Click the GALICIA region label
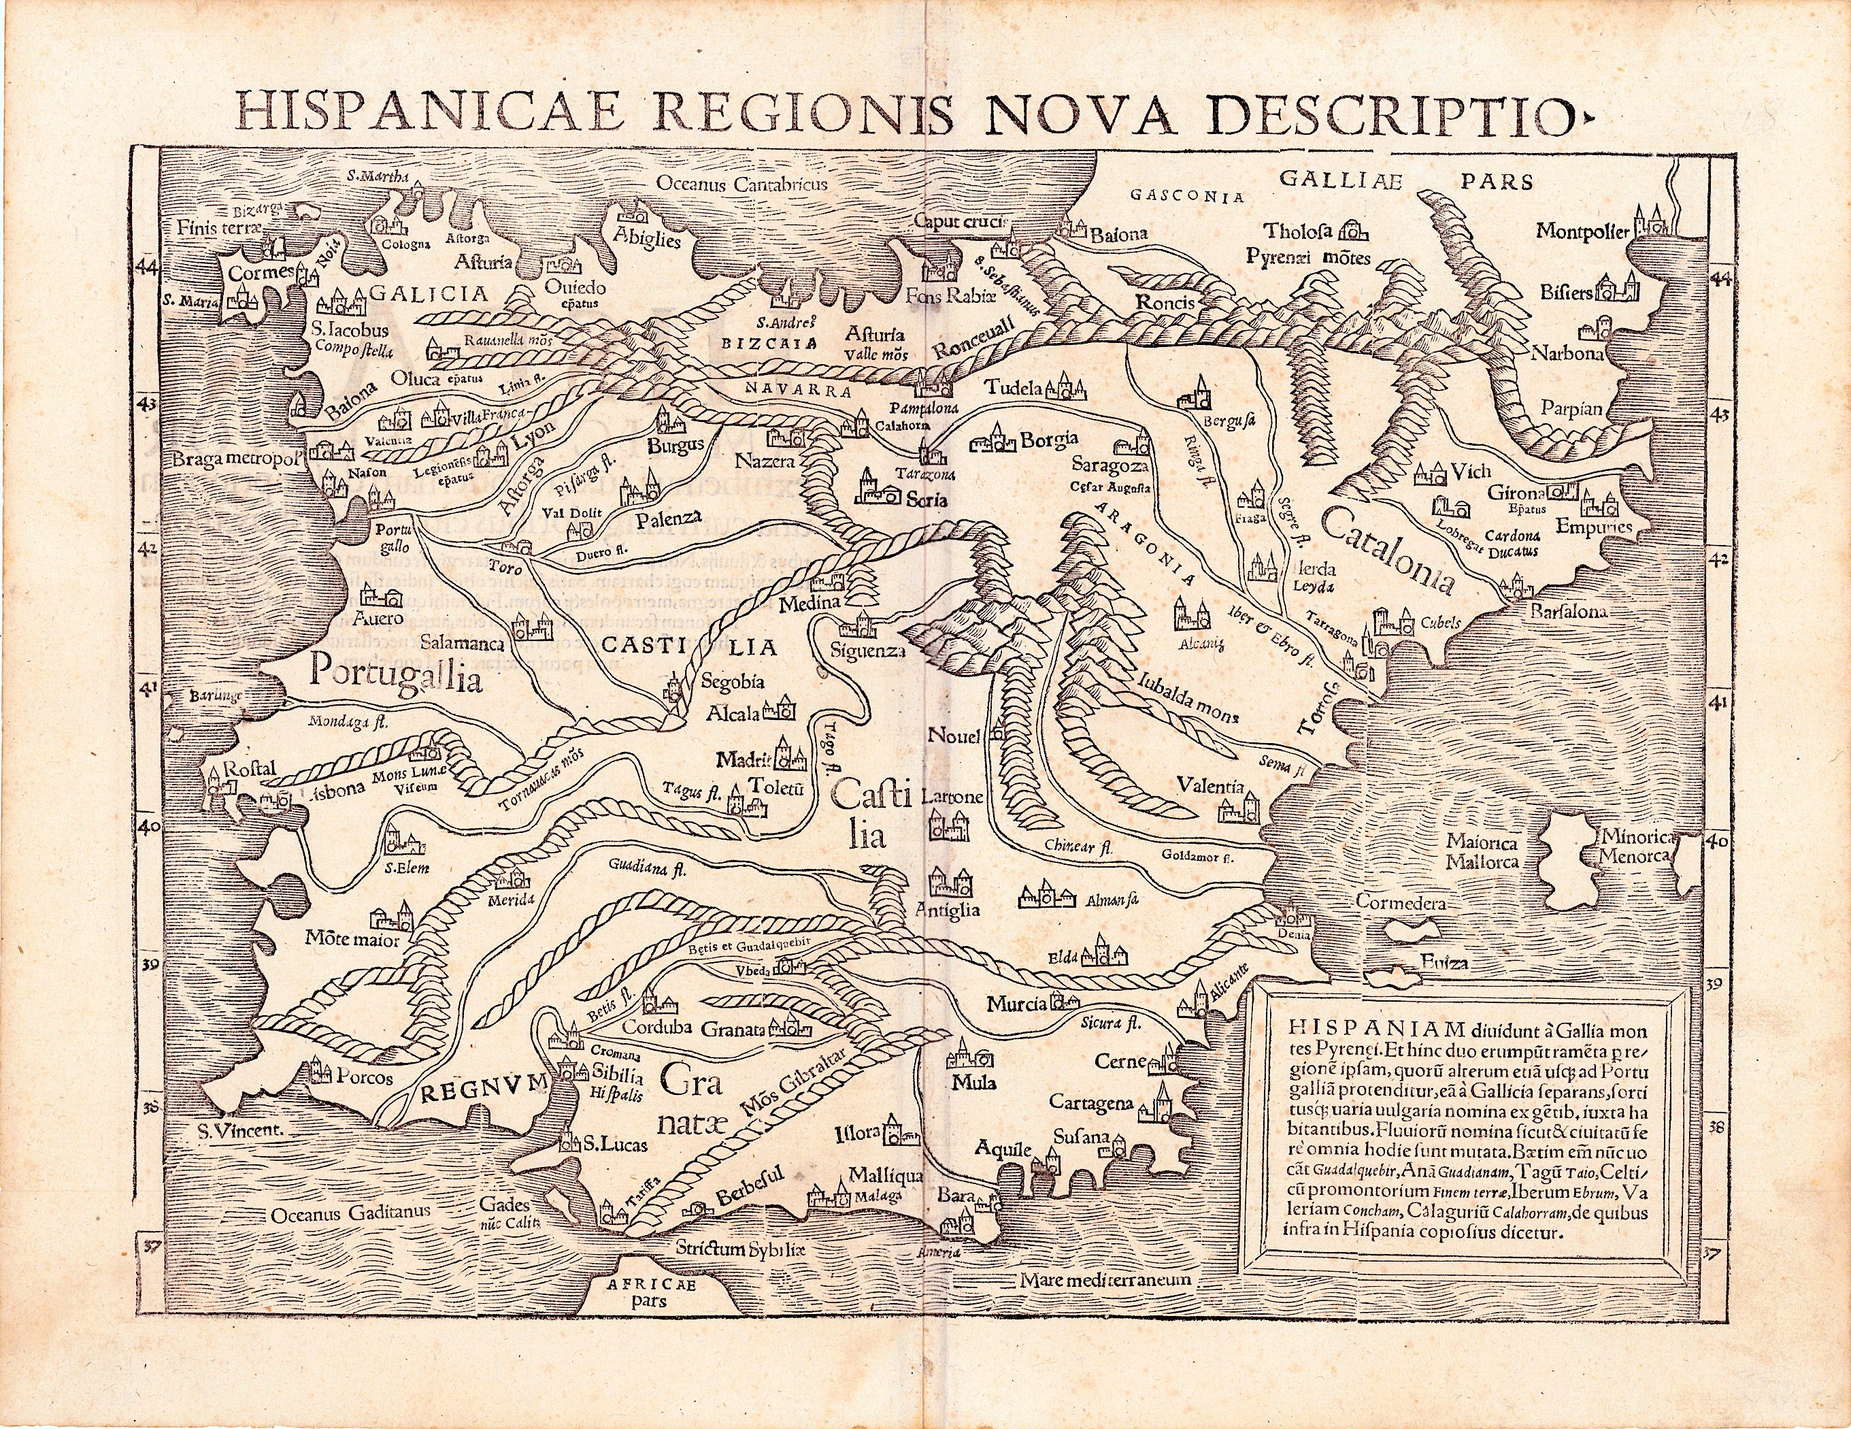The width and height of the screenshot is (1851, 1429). pyautogui.click(x=428, y=293)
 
